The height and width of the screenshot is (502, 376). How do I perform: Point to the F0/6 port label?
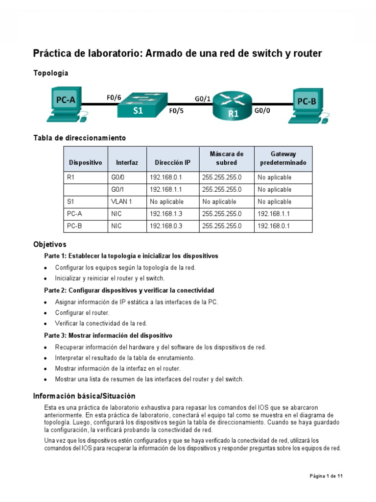click(x=114, y=97)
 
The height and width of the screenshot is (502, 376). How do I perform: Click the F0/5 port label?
click(x=176, y=111)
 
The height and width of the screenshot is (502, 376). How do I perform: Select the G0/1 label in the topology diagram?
click(x=203, y=99)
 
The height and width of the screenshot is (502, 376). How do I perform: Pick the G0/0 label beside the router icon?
click(x=262, y=111)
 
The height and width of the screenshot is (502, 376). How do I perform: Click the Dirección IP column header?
click(x=172, y=162)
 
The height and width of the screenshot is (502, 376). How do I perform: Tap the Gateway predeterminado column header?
click(x=283, y=158)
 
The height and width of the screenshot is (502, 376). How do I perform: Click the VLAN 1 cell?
click(x=121, y=201)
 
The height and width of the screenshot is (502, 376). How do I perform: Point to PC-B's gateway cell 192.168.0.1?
click(x=274, y=226)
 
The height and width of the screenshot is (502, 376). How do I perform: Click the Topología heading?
click(x=50, y=73)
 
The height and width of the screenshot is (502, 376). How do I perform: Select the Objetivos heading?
click(x=49, y=244)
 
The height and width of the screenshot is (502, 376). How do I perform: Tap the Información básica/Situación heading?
click(x=84, y=396)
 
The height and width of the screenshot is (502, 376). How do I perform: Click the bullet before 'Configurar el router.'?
click(x=46, y=313)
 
